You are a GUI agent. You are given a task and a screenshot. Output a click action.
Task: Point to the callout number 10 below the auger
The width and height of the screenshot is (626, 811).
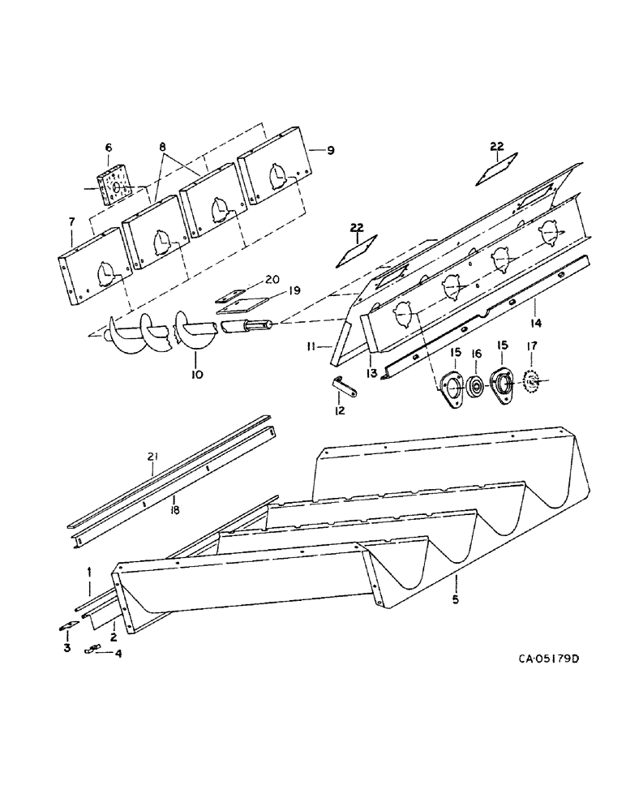[197, 375]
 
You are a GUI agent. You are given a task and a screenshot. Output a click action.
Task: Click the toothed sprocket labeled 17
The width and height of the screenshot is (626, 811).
[533, 379]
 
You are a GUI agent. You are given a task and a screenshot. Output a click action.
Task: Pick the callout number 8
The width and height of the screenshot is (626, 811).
[163, 148]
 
